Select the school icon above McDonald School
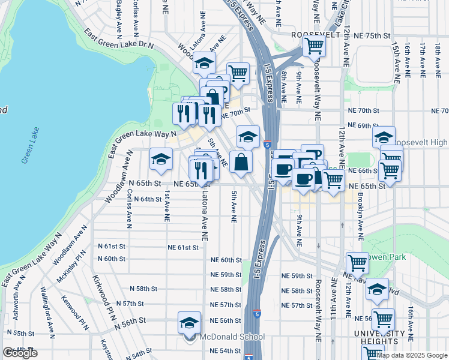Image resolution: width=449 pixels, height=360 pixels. coord(189,322)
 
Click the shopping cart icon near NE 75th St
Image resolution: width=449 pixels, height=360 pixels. coord(314,44)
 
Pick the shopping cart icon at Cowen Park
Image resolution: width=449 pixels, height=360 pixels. coord(358,262)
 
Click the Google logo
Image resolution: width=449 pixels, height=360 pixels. coord(20,353)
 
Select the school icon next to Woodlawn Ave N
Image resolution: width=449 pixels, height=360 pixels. coord(160,158)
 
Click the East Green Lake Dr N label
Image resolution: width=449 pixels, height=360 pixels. coord(119,38)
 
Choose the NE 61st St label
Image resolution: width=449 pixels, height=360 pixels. coord(183,247)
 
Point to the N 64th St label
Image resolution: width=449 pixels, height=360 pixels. coord(147,199)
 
